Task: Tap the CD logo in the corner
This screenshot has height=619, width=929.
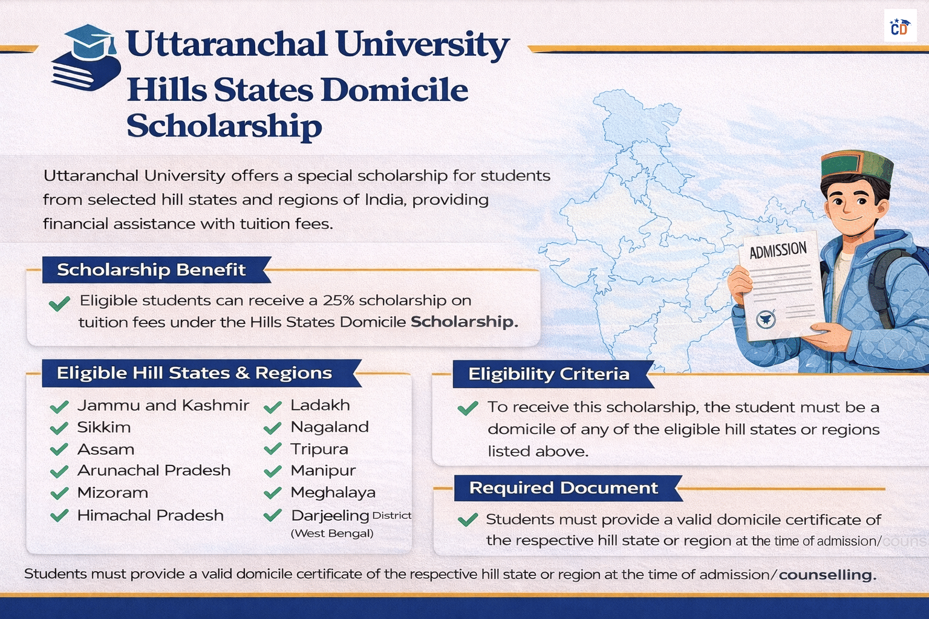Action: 899,27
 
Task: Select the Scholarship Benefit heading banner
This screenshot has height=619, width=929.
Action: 151,270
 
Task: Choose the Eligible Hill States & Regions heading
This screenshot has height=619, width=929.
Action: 195,373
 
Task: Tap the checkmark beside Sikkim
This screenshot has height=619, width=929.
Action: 59,429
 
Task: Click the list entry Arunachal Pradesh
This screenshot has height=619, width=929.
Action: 154,470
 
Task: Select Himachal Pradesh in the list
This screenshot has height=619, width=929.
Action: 150,515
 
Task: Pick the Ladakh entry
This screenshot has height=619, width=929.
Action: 320,405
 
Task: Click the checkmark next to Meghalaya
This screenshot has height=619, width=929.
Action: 273,493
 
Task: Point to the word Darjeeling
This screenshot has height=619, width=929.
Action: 330,515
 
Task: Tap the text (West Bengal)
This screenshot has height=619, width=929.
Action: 332,533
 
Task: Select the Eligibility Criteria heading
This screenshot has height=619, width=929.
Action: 549,374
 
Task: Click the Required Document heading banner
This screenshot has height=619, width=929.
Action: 563,488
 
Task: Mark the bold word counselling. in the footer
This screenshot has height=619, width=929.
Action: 827,574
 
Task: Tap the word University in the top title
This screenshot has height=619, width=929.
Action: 422,45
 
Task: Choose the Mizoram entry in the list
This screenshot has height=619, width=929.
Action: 112,493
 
